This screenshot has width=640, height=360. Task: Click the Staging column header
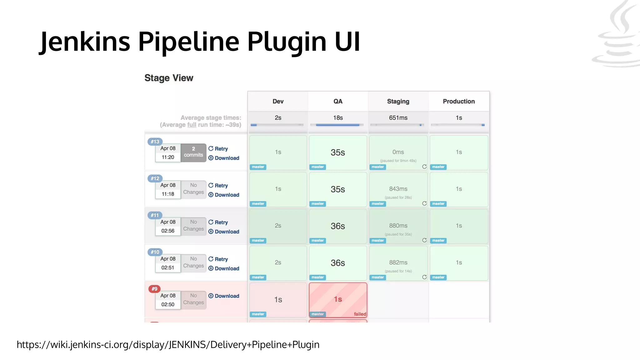point(398,101)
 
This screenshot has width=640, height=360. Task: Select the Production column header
point(458,101)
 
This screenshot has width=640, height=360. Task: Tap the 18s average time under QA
point(338,118)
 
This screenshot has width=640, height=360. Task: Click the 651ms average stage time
point(398,118)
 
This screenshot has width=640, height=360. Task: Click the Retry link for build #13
point(218,149)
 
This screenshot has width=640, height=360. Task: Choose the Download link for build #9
point(224,296)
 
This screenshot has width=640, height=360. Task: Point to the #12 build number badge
point(155,178)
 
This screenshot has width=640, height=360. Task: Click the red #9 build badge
point(154,289)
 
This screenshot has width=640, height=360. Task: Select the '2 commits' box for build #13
point(193,152)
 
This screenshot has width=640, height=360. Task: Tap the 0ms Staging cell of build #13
point(398,152)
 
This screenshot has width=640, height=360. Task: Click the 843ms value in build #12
point(398,189)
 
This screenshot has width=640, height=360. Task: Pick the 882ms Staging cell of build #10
point(398,262)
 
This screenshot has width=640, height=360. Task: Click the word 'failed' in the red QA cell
point(360,314)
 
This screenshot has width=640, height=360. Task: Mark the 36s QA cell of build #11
point(338,226)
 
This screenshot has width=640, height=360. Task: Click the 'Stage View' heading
point(169,78)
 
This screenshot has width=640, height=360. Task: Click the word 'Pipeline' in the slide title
point(188,42)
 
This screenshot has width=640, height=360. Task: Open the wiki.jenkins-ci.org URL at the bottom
point(168,344)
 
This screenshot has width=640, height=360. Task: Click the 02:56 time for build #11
point(168,231)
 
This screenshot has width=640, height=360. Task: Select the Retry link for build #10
point(218,259)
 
